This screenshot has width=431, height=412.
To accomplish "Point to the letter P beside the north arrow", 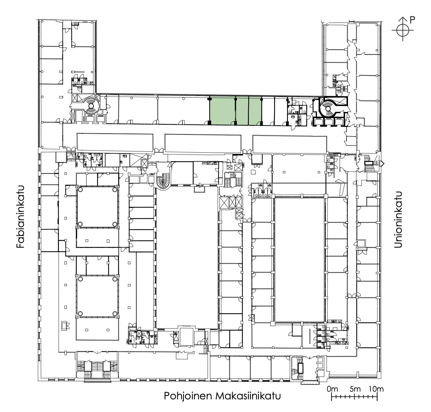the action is pyautogui.click(x=412, y=20).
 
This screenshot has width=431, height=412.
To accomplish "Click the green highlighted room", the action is pyautogui.click(x=235, y=111).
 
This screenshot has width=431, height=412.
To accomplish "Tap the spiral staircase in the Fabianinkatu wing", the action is pyautogui.click(x=91, y=106).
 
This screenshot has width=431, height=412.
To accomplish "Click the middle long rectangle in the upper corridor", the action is pyautogui.click(x=203, y=143).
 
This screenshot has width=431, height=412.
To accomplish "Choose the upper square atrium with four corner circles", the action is pyautogui.click(x=97, y=207).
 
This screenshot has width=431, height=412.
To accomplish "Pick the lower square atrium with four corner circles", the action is pyautogui.click(x=97, y=296).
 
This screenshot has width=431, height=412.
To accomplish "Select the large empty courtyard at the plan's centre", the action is pyautogui.click(x=187, y=257).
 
